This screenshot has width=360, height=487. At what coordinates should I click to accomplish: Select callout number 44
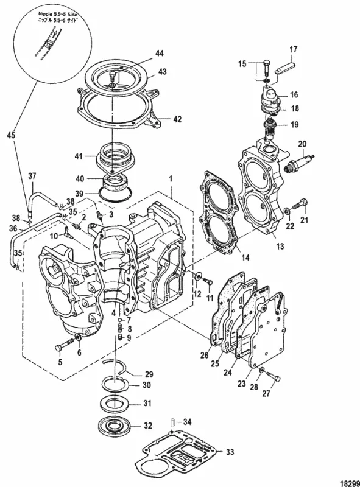click(159, 54)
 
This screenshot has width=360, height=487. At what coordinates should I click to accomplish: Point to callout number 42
click(177, 119)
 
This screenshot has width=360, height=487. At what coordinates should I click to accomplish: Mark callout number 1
click(171, 180)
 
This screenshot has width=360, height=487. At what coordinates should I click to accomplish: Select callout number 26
click(204, 356)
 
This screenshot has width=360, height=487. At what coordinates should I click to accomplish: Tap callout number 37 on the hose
click(32, 177)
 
